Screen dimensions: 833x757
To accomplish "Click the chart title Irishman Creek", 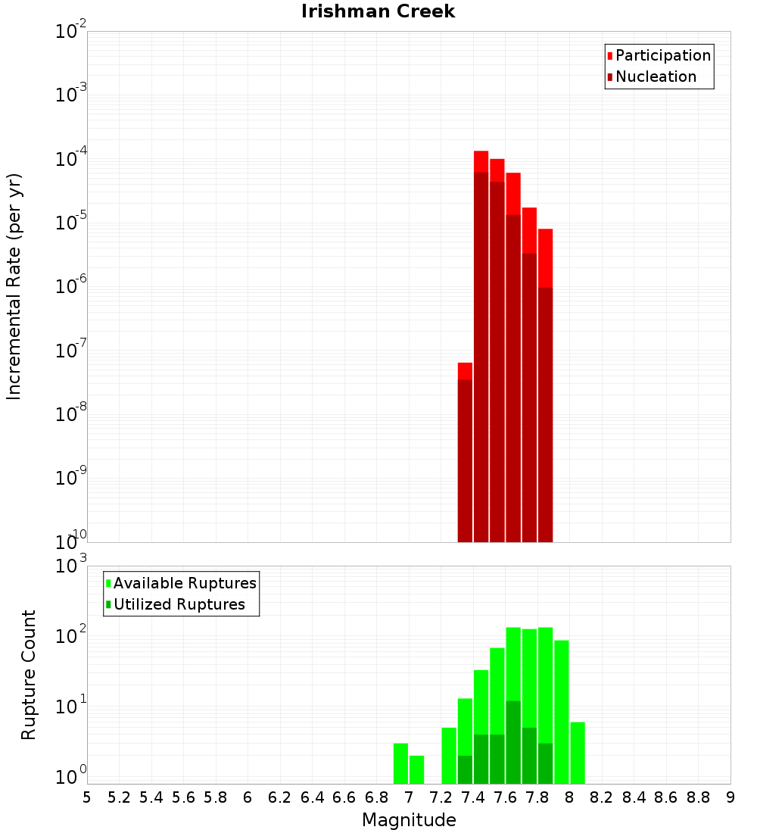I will pos(378,11).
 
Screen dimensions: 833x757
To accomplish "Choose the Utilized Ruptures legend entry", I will pos(179,604).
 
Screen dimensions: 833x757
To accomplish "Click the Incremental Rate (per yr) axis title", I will pos(14,286).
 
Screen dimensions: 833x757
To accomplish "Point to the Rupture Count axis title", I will pos(29,674).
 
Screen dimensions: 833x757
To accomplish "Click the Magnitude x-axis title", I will pos(409,820).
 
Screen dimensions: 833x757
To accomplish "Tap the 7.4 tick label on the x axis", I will pos(473,797).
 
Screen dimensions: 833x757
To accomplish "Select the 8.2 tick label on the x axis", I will pos(602,797).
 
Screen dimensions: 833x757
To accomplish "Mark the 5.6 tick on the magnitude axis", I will pos(184,797).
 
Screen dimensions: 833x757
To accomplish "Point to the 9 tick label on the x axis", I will pos(731,797).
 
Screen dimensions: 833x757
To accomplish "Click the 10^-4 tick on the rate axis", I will pos(71,160).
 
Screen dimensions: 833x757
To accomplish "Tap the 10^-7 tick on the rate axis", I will pos(71,351).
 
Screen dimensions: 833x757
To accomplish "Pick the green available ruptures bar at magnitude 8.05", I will pos(578,753).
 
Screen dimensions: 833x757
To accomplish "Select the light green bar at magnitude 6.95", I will pos(400,763).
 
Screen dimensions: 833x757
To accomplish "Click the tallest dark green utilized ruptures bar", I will pos(513,742).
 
